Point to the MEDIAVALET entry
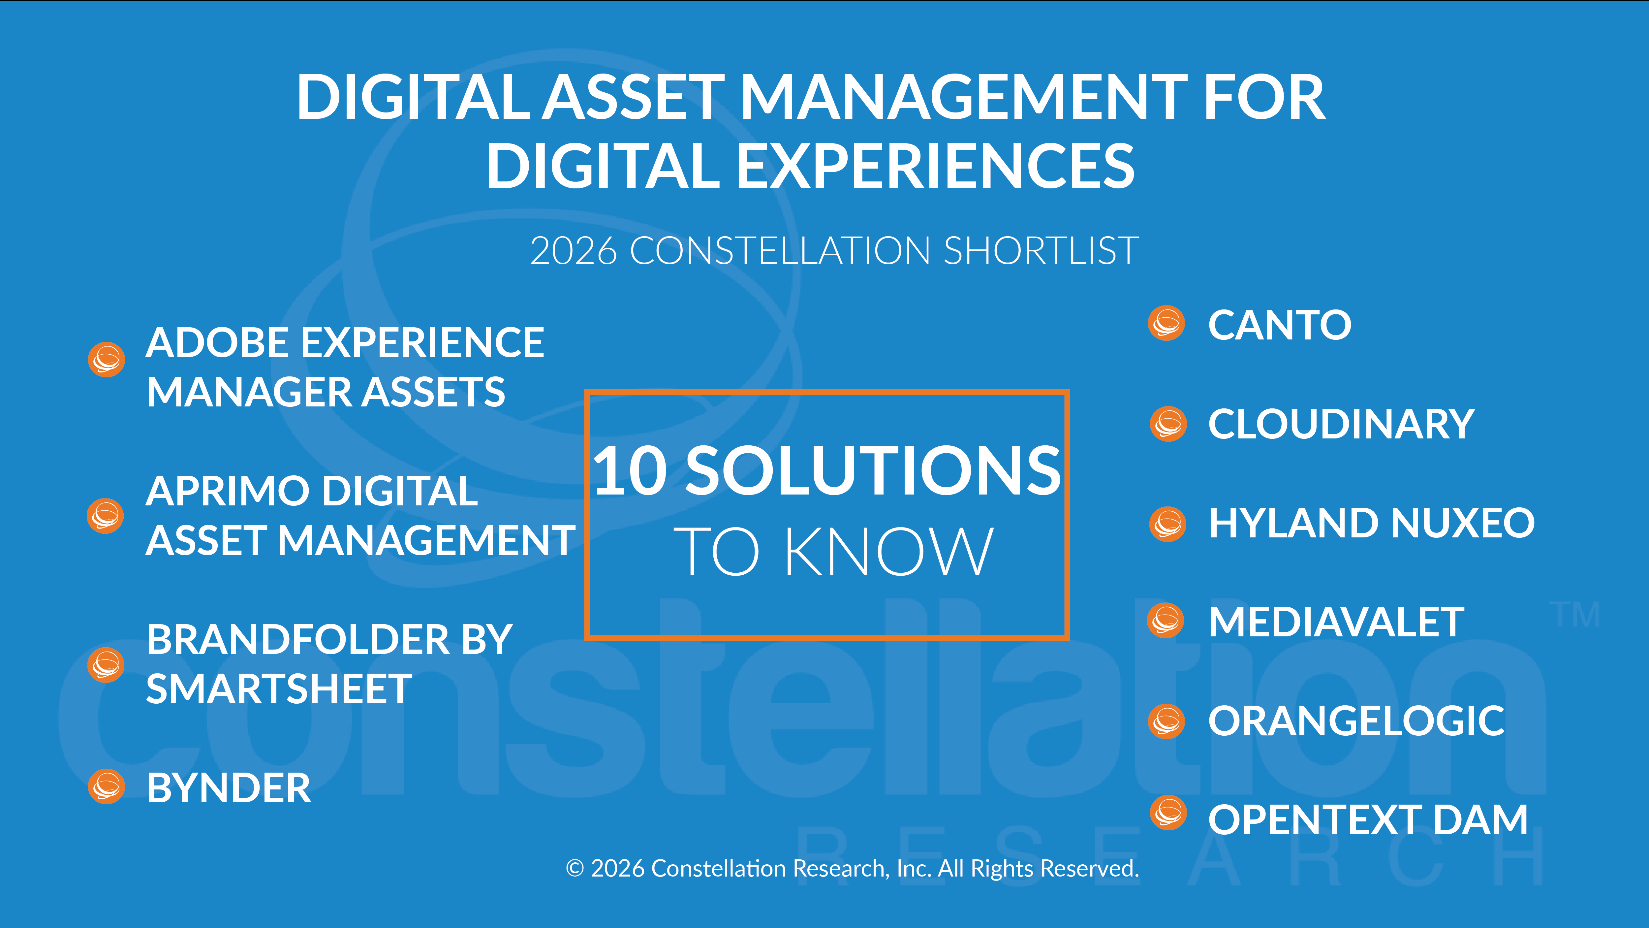(x=1336, y=622)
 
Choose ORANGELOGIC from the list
(x=1356, y=721)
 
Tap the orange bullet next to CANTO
(x=1166, y=323)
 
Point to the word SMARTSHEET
(x=279, y=689)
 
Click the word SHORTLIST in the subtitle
(x=1041, y=250)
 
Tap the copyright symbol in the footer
(x=575, y=868)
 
